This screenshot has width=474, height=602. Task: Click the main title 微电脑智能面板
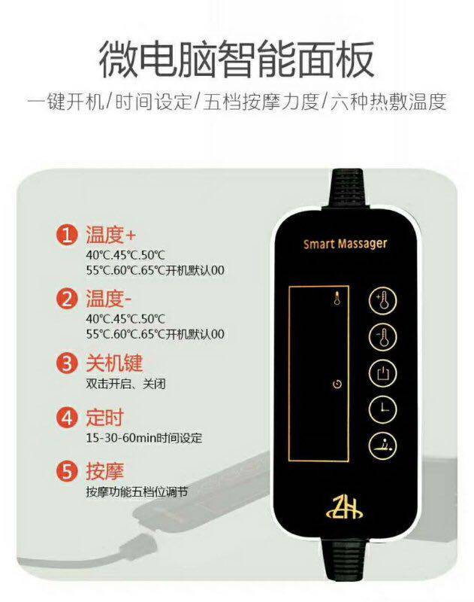[237, 59]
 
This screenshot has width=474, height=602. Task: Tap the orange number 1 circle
[68, 236]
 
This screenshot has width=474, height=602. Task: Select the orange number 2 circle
[68, 299]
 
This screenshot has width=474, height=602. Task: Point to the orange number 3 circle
[68, 364]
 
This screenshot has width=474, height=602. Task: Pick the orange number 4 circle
[68, 417]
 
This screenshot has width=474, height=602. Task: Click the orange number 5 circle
[68, 472]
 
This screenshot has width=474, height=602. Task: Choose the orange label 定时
[104, 417]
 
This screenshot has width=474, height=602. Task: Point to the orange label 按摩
[104, 472]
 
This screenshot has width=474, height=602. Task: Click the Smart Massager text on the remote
[345, 244]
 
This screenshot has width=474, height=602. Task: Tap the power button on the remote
[382, 372]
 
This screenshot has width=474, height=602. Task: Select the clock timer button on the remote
[382, 409]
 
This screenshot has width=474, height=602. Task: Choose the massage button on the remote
[382, 445]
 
